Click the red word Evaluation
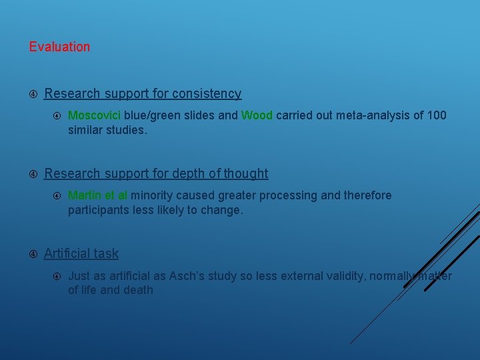tap(59, 47)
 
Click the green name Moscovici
tap(94, 115)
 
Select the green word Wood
tap(257, 115)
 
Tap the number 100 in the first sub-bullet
tap(437, 115)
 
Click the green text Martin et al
tap(97, 195)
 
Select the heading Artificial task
tap(81, 253)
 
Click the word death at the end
tap(137, 290)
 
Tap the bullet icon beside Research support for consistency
tap(33, 94)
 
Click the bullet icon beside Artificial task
tap(33, 253)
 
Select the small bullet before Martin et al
tap(57, 195)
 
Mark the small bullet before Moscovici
tap(57, 115)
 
